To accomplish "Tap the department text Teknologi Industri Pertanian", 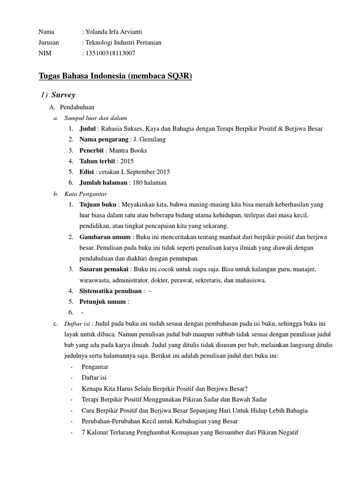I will tap(123, 43).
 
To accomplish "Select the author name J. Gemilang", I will tap(150, 140).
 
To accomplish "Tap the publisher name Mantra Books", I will tap(128, 150).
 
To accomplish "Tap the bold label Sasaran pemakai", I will tap(103, 270).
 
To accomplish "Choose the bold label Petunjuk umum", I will tap(102, 302).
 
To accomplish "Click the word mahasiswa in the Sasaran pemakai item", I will tap(250, 280).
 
